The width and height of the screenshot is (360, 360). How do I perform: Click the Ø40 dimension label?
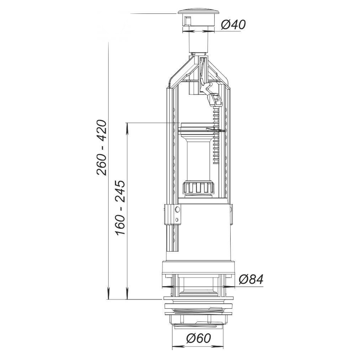point(233,25)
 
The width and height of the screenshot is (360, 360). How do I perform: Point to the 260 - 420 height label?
point(102,148)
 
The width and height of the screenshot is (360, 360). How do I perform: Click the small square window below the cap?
point(187,20)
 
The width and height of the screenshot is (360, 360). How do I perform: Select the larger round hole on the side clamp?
point(177,209)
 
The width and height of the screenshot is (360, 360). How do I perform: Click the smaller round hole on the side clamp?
point(177,219)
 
